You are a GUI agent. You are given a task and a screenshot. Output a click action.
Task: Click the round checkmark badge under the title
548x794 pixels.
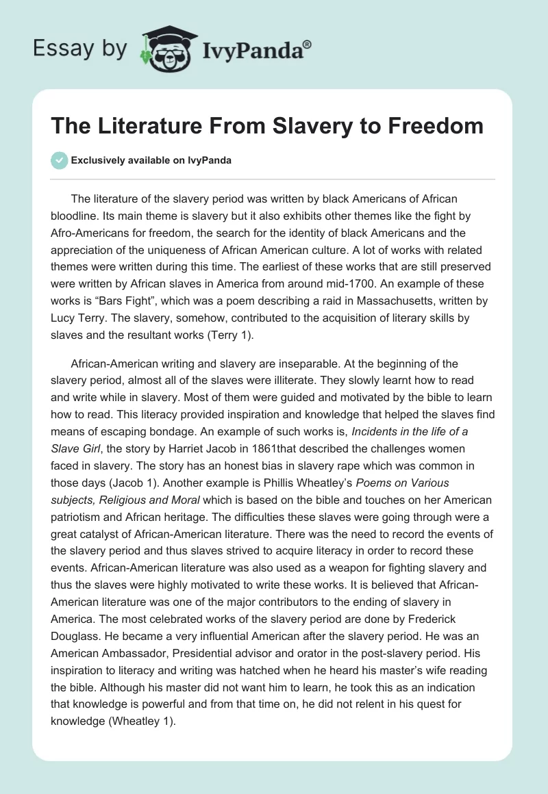59,160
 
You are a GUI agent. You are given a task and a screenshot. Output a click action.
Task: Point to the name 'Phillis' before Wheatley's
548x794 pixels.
314,481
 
